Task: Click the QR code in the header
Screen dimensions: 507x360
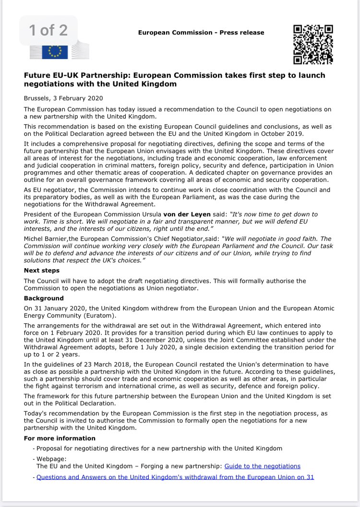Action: (x=313, y=45)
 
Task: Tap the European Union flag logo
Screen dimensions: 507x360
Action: (x=54, y=50)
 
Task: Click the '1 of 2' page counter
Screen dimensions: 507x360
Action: (x=48, y=30)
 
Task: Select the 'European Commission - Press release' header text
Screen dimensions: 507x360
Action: (x=201, y=33)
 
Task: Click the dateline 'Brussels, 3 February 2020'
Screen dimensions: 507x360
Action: (x=65, y=98)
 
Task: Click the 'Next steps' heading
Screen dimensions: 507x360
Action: (x=42, y=271)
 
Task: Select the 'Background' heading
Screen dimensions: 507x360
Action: (x=44, y=298)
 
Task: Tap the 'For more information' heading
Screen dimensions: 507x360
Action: (x=60, y=438)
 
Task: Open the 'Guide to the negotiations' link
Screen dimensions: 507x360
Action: (x=262, y=466)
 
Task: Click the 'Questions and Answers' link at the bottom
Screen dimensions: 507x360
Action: (x=175, y=477)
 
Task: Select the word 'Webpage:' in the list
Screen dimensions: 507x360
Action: (x=50, y=459)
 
